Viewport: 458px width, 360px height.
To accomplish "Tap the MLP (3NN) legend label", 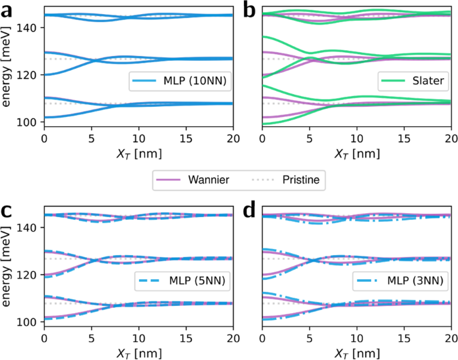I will pos(415,283).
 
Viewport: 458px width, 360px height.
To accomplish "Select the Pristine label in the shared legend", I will pos(300,180).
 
